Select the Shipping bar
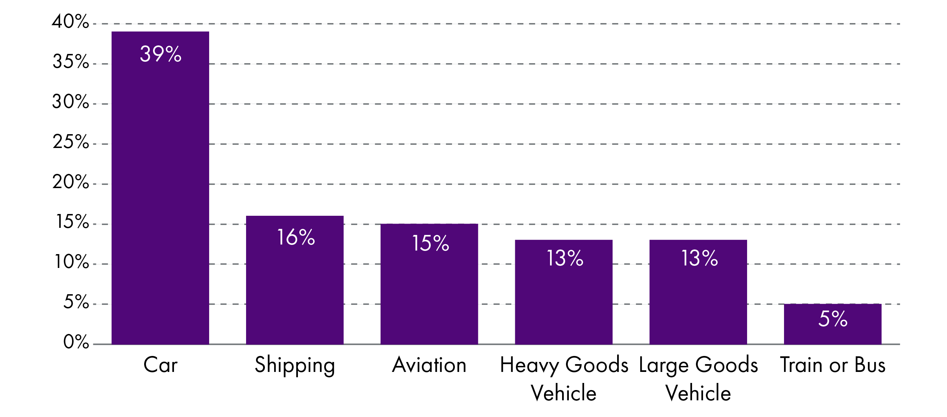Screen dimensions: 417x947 click(294, 286)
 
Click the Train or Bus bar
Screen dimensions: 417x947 click(832, 333)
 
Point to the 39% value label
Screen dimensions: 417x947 click(160, 54)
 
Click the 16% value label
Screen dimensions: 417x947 click(295, 237)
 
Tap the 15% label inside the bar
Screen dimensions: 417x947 click(430, 243)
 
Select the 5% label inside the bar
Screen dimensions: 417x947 click(833, 319)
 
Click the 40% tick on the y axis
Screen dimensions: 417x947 click(70, 21)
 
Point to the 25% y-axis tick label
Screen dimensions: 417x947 click(71, 142)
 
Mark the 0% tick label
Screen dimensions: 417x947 click(76, 342)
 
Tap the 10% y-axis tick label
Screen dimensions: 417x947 click(72, 262)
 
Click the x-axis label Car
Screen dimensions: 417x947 click(160, 365)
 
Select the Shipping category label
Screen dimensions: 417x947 click(295, 366)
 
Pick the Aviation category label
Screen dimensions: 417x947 click(429, 365)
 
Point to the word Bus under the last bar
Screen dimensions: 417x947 click(870, 365)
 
